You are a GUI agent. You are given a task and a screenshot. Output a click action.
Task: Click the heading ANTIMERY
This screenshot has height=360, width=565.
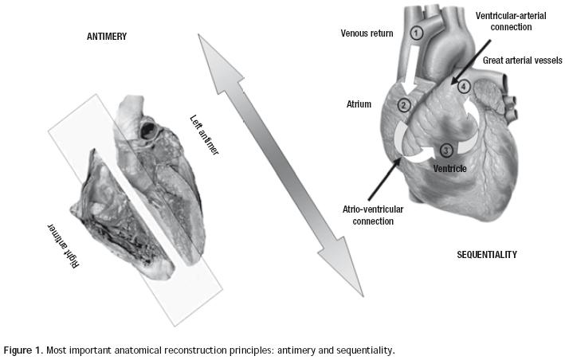click(108, 37)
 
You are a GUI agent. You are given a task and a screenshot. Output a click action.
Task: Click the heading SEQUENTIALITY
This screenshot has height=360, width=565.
click(487, 255)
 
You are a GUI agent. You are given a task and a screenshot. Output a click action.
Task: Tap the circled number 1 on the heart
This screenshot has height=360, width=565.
click(416, 33)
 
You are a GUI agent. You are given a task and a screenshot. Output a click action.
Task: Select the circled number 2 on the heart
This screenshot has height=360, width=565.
click(404, 105)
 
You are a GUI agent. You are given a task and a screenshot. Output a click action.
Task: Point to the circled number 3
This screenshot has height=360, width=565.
click(445, 149)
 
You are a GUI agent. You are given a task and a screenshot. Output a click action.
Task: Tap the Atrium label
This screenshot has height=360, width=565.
click(359, 104)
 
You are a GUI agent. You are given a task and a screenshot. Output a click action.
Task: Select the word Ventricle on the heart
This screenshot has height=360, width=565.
click(449, 169)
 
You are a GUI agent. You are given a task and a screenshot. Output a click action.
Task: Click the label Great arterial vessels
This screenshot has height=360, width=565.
click(522, 61)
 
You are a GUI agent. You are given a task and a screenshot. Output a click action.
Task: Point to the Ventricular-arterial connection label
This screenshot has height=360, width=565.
click(514, 21)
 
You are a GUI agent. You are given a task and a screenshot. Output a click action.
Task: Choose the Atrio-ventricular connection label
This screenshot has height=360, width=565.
click(363, 214)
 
